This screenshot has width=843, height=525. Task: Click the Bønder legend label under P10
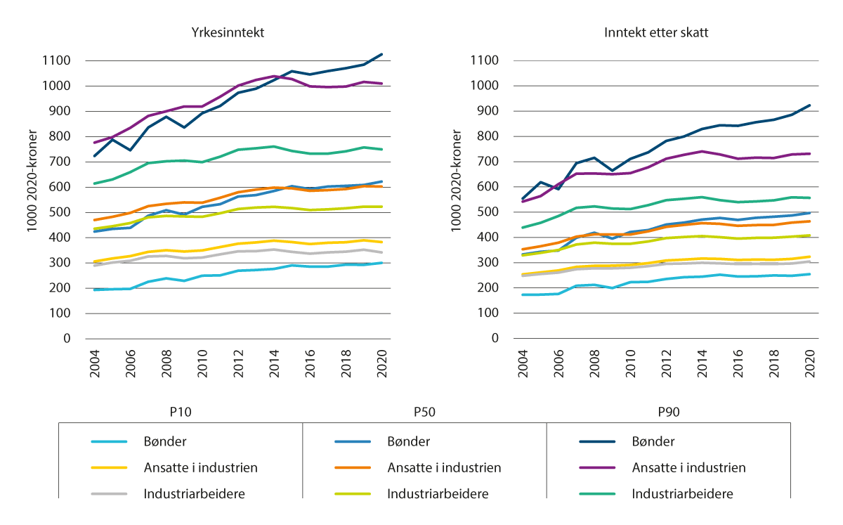(168, 441)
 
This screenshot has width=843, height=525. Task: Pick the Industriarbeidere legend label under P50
(434, 493)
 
